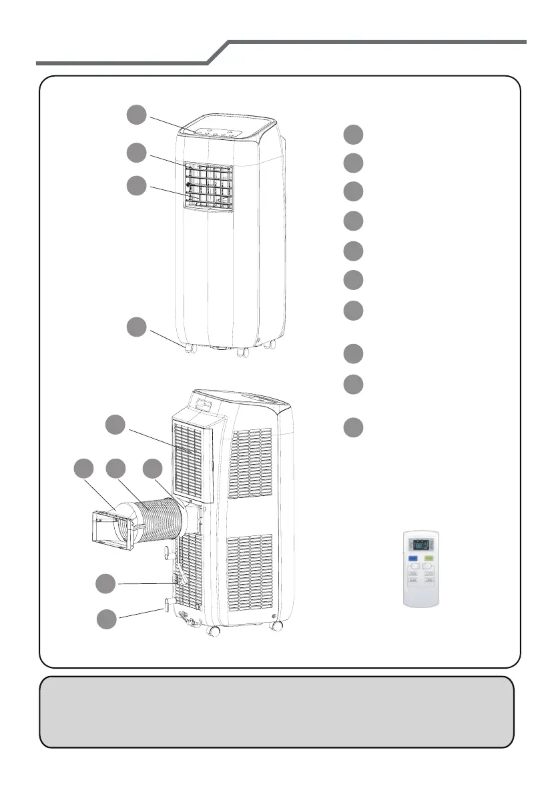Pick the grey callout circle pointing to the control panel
(x=137, y=115)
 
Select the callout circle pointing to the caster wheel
(x=137, y=327)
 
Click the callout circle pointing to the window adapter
(x=84, y=468)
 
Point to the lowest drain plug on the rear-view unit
(x=164, y=605)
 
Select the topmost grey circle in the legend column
(x=354, y=134)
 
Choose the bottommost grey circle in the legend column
(x=354, y=427)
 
